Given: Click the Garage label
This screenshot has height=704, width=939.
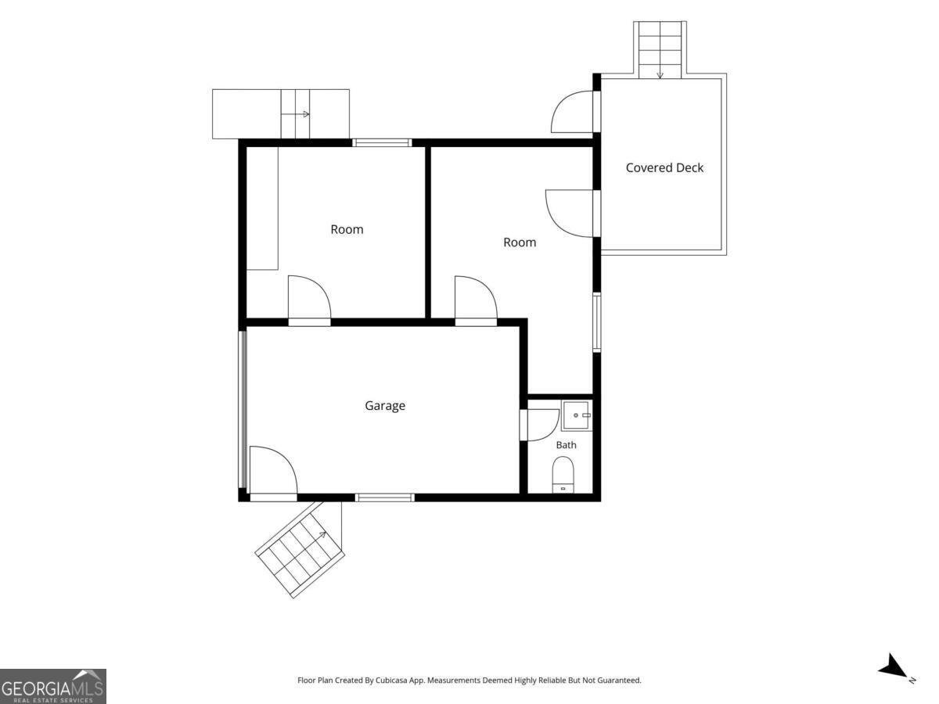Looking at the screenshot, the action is point(384,406).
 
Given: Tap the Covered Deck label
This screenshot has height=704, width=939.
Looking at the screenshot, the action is point(664,168).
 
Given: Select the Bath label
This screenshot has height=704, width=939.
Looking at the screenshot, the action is point(566,445).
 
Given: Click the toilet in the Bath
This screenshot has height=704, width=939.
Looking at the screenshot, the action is point(563,475).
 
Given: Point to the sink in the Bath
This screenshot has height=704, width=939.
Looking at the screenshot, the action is point(577,415).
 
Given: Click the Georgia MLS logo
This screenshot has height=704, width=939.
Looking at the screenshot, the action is point(53,686).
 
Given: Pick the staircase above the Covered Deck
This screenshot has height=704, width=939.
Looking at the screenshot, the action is point(660,49).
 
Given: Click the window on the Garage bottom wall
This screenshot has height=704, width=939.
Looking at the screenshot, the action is point(384,497).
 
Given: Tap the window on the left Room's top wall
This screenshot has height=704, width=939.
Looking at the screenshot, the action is point(382,143).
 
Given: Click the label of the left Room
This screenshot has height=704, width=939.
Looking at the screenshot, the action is point(347,229).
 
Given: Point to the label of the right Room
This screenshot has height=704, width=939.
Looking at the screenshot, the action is point(520,242).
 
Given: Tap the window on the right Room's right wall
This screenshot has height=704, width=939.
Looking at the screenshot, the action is point(597,322).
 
